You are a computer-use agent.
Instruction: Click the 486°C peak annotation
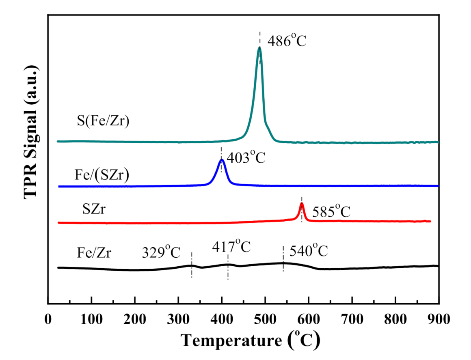tap(287, 41)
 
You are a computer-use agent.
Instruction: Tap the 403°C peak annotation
tap(246, 157)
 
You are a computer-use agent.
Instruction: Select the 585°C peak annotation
tap(331, 211)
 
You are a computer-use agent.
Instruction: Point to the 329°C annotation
tap(161, 252)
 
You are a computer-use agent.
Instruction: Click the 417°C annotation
tap(231, 246)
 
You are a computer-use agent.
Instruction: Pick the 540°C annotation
tap(308, 251)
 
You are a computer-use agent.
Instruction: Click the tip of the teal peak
tap(259, 47)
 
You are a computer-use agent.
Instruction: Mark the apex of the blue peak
tap(221, 160)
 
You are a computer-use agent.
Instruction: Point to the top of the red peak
tap(302, 203)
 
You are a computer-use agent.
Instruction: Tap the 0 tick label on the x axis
tap(48, 319)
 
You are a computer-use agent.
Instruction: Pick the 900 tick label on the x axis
tap(438, 319)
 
